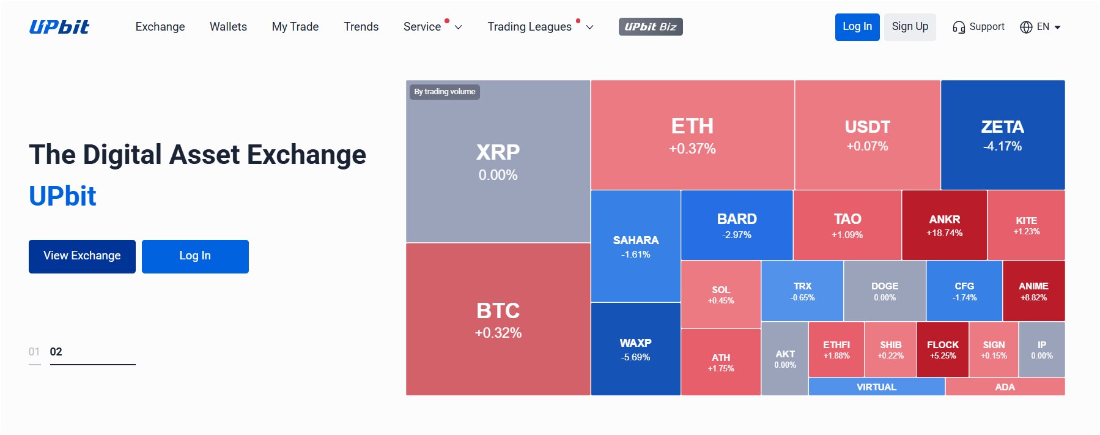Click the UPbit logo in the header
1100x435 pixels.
pyautogui.click(x=59, y=27)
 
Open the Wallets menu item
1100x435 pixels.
pyautogui.click(x=228, y=27)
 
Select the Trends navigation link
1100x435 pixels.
pyautogui.click(x=361, y=27)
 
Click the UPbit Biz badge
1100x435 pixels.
pyautogui.click(x=650, y=27)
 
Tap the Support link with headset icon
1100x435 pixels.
pyautogui.click(x=978, y=27)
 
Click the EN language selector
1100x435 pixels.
pyautogui.click(x=1040, y=27)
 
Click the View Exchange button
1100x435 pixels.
pyautogui.click(x=82, y=256)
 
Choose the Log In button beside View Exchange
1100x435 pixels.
pyautogui.click(x=195, y=256)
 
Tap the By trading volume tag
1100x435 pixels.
pyautogui.click(x=445, y=92)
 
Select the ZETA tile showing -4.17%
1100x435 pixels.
pyautogui.click(x=1002, y=135)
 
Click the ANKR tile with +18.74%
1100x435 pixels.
pyautogui.click(x=944, y=225)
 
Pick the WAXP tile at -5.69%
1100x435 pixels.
pyautogui.click(x=635, y=349)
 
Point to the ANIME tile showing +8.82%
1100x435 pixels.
pyautogui.click(x=1033, y=291)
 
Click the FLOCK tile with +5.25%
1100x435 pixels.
pyautogui.click(x=942, y=349)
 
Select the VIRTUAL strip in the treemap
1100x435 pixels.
pyautogui.click(x=876, y=387)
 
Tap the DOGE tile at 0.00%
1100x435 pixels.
pyautogui.click(x=884, y=291)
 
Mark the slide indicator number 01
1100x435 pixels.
pyautogui.click(x=34, y=352)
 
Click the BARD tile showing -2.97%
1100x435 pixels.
pyautogui.click(x=737, y=225)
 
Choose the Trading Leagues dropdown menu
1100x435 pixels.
pyautogui.click(x=540, y=27)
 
